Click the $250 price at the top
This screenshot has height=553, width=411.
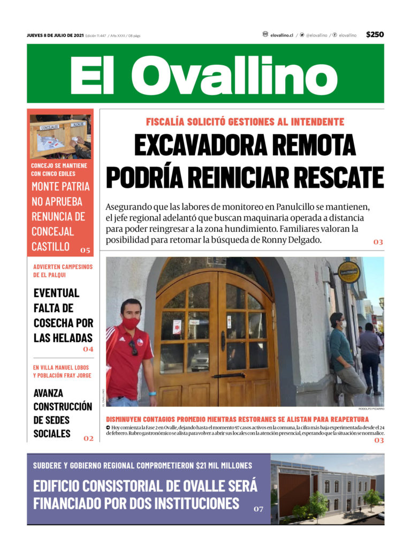(375, 35)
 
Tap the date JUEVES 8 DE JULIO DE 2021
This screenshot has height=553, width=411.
(55, 35)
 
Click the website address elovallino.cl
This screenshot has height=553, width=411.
(281, 35)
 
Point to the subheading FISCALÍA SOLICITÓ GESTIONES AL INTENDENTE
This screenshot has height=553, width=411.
(245, 122)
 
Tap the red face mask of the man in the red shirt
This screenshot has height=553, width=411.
(131, 323)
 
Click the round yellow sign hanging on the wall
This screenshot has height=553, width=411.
(349, 272)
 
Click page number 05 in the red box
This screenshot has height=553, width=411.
(86, 250)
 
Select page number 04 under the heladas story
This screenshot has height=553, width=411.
(88, 349)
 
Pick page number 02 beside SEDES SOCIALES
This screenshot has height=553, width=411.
(88, 438)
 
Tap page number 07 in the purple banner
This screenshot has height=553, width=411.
(258, 509)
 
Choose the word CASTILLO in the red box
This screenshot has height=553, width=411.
(50, 247)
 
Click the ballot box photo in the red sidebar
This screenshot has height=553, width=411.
(60, 137)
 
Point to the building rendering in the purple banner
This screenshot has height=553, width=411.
(326, 490)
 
